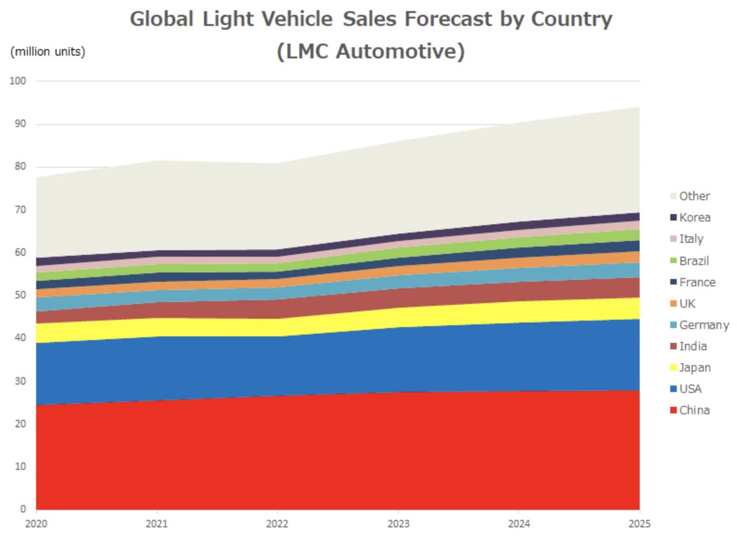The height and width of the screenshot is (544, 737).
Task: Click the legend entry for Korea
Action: [x=694, y=217]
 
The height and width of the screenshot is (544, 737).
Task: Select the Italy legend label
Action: [x=691, y=239]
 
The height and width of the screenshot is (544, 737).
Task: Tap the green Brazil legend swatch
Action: [x=673, y=260]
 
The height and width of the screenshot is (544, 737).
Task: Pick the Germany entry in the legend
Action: [x=704, y=325]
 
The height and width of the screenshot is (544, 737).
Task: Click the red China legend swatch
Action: [x=673, y=410]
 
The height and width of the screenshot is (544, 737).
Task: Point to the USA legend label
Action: [x=690, y=389]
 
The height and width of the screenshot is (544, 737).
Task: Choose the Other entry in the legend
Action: [x=694, y=196]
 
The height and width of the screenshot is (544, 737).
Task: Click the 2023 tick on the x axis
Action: [x=398, y=524]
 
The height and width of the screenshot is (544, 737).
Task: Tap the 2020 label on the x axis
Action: [x=36, y=524]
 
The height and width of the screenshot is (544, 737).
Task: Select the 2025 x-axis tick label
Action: [x=639, y=524]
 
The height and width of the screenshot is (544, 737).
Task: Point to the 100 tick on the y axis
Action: [x=18, y=81]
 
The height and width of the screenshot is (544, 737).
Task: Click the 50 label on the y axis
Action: [x=20, y=295]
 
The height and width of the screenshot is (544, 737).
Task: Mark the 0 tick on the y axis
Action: [x=23, y=509]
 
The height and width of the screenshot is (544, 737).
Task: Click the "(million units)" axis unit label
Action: [x=48, y=51]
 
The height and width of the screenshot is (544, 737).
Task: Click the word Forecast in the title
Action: [x=448, y=19]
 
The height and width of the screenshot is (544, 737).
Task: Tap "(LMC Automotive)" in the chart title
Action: [x=370, y=51]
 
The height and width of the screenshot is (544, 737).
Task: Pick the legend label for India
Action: [x=693, y=346]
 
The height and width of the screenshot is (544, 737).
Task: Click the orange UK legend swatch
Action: [x=673, y=304]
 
